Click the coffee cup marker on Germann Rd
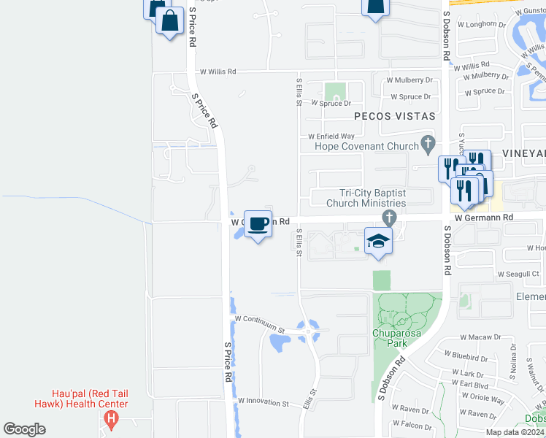click(x=257, y=223)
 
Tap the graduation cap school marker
click(x=379, y=241)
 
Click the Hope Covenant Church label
click(x=366, y=146)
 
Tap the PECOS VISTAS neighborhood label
click(x=394, y=116)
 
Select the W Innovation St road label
click(x=263, y=402)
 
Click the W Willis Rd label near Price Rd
click(x=218, y=72)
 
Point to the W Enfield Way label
click(x=331, y=136)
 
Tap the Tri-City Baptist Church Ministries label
click(x=366, y=198)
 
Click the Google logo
click(x=24, y=429)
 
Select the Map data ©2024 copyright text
click(x=515, y=432)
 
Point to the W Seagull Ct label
click(x=518, y=274)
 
